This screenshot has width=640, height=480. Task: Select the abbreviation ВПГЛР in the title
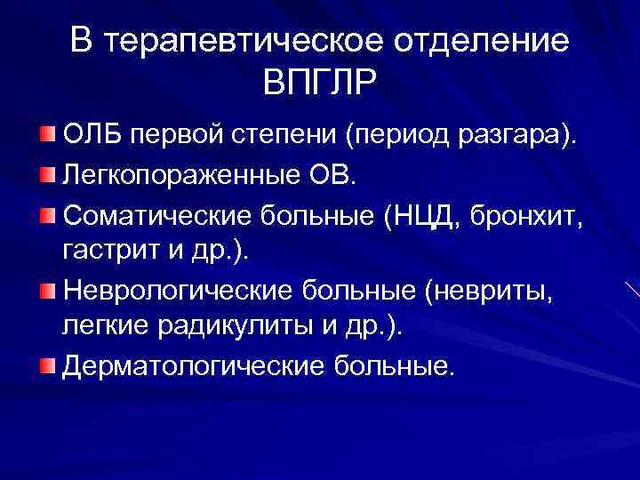coord(320,86)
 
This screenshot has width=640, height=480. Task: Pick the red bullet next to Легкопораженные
coord(46,175)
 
